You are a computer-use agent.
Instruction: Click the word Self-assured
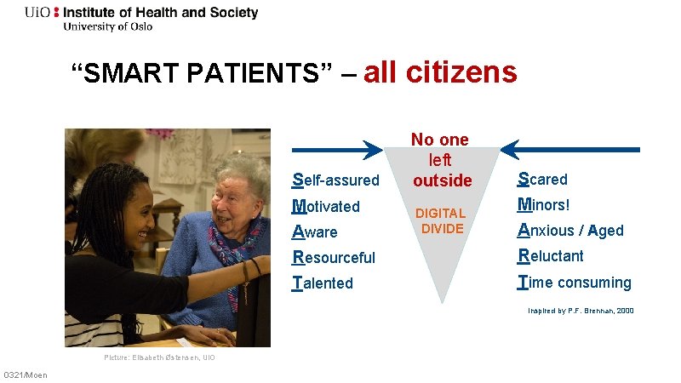[335, 180]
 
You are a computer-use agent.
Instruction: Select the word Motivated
[326, 206]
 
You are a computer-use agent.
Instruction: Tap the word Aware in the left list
[315, 232]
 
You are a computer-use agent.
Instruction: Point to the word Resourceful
[334, 257]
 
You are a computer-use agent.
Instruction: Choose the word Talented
[323, 283]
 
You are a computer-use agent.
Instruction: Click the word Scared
[543, 180]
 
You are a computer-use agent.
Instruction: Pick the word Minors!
[544, 205]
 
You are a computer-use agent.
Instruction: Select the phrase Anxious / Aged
[571, 230]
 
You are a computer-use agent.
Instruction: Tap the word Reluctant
[551, 255]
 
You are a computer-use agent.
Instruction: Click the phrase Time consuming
[575, 282]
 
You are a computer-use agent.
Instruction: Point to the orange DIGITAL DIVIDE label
[442, 221]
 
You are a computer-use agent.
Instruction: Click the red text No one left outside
[441, 160]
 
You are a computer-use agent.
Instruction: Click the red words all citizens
[440, 73]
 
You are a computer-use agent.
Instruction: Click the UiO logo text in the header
[37, 13]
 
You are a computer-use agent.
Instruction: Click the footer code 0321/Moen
[26, 375]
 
